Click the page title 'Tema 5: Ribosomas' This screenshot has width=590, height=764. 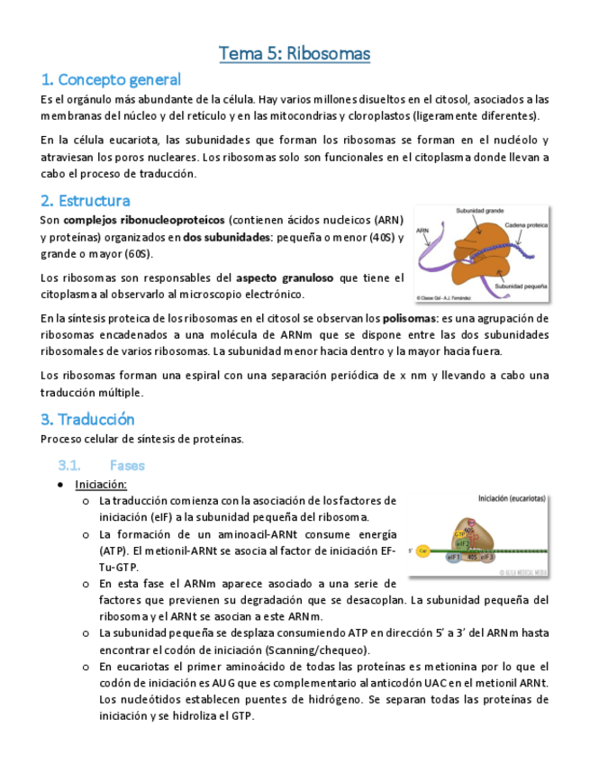click(x=295, y=54)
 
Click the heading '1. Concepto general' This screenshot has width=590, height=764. click(x=111, y=79)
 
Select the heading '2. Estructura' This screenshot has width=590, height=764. click(x=86, y=200)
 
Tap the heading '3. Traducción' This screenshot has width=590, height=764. click(x=87, y=419)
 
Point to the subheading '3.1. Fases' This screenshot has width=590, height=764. click(x=101, y=465)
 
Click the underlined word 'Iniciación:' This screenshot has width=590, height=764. click(x=101, y=484)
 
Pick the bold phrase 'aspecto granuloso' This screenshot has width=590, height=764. click(x=283, y=277)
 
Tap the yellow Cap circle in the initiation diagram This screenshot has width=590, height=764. click(x=422, y=550)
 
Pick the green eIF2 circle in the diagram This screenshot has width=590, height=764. click(x=461, y=543)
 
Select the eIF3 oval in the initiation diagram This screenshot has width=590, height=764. click(x=486, y=557)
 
